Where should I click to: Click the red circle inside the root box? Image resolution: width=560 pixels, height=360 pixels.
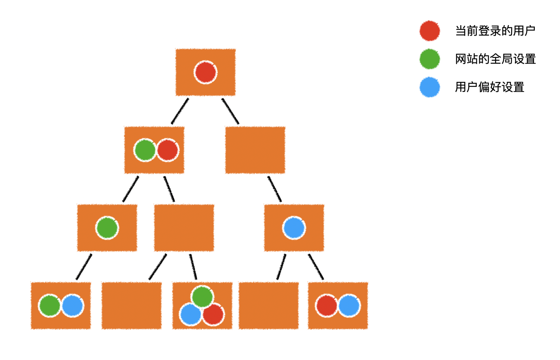(206, 72)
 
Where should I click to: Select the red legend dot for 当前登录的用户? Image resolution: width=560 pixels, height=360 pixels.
(429, 31)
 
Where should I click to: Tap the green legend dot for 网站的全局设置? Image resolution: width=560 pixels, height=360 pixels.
(429, 59)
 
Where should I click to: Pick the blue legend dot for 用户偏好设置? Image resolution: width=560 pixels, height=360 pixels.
(429, 87)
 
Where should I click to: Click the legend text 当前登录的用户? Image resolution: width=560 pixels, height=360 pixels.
(495, 31)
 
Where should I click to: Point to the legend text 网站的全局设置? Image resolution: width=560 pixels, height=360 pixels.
(495, 59)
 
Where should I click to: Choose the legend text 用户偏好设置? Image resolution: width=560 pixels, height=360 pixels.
(489, 87)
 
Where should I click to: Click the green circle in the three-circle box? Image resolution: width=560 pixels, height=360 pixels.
(202, 297)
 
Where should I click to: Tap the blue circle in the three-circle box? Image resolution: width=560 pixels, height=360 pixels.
(191, 314)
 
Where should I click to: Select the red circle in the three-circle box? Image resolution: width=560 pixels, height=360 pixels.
(213, 314)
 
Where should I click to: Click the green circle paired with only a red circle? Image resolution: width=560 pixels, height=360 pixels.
(145, 150)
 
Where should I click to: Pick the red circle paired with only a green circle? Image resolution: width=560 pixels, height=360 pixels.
(168, 150)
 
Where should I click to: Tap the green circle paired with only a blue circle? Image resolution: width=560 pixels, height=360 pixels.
(50, 306)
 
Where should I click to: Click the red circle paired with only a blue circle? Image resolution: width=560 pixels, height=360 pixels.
(327, 306)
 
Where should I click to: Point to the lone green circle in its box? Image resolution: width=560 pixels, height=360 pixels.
(107, 228)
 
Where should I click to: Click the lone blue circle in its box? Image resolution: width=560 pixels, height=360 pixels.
(294, 228)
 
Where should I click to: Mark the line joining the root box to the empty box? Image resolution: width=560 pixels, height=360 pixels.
(230, 111)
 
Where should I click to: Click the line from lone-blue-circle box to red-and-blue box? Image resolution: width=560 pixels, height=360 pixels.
(316, 266)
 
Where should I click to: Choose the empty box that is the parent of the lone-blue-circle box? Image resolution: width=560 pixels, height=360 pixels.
(255, 150)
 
